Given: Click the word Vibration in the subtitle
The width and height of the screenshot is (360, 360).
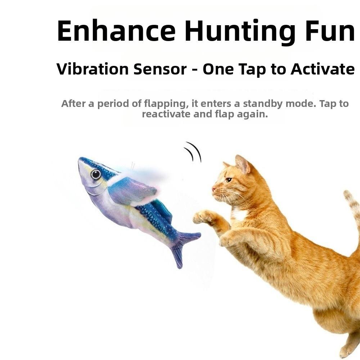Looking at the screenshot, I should (x=92, y=69).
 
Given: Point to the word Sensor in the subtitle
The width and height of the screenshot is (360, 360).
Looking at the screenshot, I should (x=160, y=69).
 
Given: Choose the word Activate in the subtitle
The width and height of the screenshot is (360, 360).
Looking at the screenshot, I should (x=323, y=69).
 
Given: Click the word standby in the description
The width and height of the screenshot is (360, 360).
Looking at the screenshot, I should (x=263, y=104).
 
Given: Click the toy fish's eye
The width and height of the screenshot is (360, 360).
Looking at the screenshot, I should (x=96, y=175).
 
